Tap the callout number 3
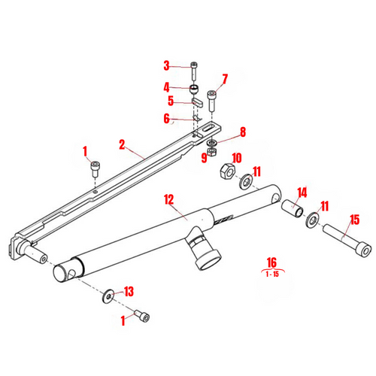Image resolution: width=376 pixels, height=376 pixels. pos(167,65)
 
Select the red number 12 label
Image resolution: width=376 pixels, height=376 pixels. pos(169,199)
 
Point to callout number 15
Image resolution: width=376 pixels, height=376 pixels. pos(355,220)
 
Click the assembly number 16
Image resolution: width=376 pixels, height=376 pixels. pos(271,264)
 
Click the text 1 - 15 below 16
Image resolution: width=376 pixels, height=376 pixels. pos(271,275)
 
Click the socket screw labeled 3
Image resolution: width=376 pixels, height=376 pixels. pos(194,71)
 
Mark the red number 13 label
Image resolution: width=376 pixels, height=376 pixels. pos(129,291)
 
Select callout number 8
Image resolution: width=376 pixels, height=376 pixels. pos(242,133)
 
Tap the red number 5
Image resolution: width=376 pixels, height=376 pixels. pos(171,100)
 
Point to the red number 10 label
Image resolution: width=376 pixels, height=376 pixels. pos(236,158)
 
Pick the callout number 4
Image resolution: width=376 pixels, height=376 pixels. pos(167,86)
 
